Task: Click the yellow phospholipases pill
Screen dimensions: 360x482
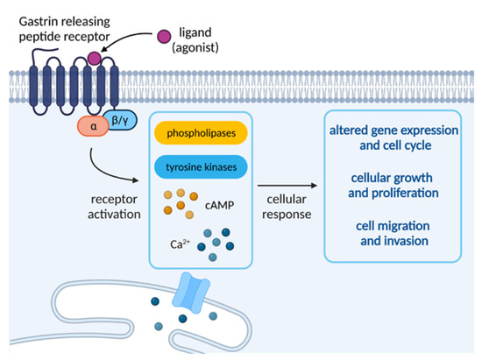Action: pyautogui.click(x=200, y=134)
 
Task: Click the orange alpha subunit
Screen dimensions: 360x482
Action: pyautogui.click(x=72, y=124)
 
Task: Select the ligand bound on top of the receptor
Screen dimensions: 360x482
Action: pyautogui.click(x=94, y=59)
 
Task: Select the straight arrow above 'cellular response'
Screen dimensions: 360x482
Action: pyautogui.click(x=286, y=185)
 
